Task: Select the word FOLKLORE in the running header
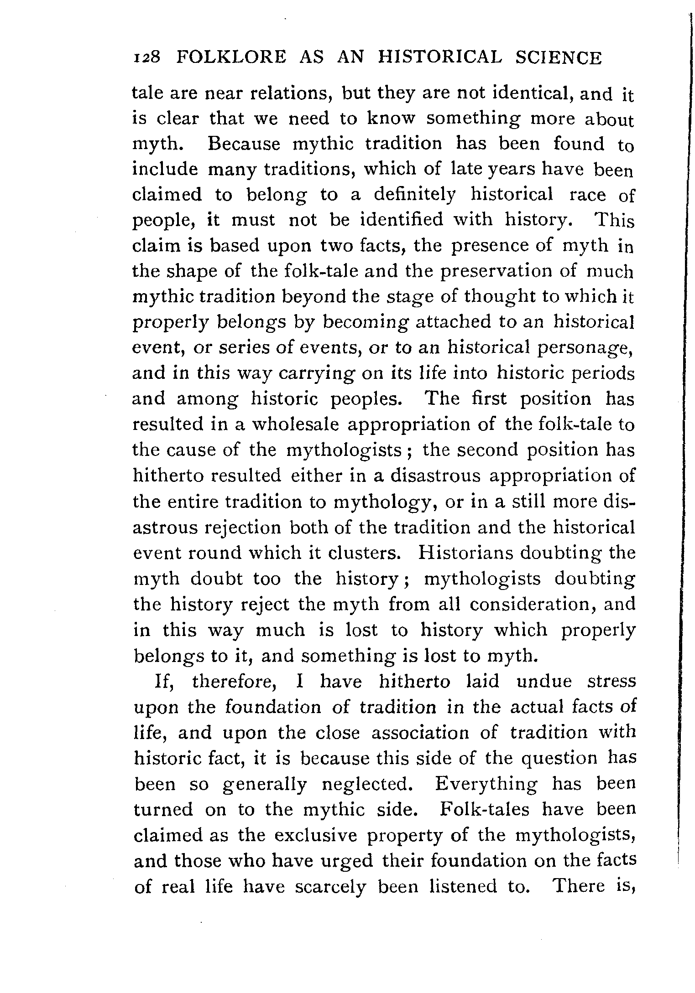click(232, 58)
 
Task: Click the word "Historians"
click(465, 553)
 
